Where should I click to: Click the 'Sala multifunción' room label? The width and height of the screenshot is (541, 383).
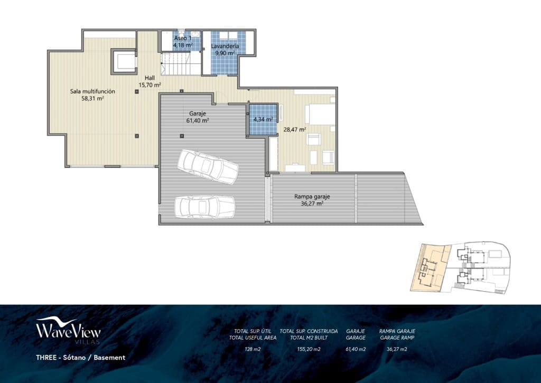click(x=92, y=91)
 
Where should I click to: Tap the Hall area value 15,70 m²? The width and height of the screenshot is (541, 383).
click(x=150, y=85)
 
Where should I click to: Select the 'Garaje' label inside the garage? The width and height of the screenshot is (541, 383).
click(x=197, y=114)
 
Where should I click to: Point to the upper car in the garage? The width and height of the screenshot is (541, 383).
click(x=207, y=166)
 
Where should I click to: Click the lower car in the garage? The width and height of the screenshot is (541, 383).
click(x=204, y=206)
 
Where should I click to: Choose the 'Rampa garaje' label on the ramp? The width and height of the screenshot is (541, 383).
click(x=312, y=197)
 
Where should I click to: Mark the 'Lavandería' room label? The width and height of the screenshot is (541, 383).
click(x=225, y=46)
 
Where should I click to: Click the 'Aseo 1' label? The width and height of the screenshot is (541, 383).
click(x=183, y=39)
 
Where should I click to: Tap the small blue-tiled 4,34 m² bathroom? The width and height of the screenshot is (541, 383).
click(x=263, y=119)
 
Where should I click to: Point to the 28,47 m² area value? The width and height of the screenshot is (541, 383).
click(x=295, y=129)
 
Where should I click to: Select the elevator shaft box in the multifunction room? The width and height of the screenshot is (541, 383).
click(x=124, y=62)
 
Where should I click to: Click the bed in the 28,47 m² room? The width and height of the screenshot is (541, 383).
click(x=320, y=114)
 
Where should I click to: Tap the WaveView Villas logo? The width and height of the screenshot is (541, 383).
click(x=68, y=331)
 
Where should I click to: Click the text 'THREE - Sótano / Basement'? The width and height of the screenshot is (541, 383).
click(x=80, y=358)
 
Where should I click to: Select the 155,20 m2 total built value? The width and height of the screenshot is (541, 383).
click(x=309, y=349)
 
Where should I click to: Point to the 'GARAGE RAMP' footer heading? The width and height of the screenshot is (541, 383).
click(x=397, y=337)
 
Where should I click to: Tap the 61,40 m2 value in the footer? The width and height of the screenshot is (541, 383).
click(x=355, y=349)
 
